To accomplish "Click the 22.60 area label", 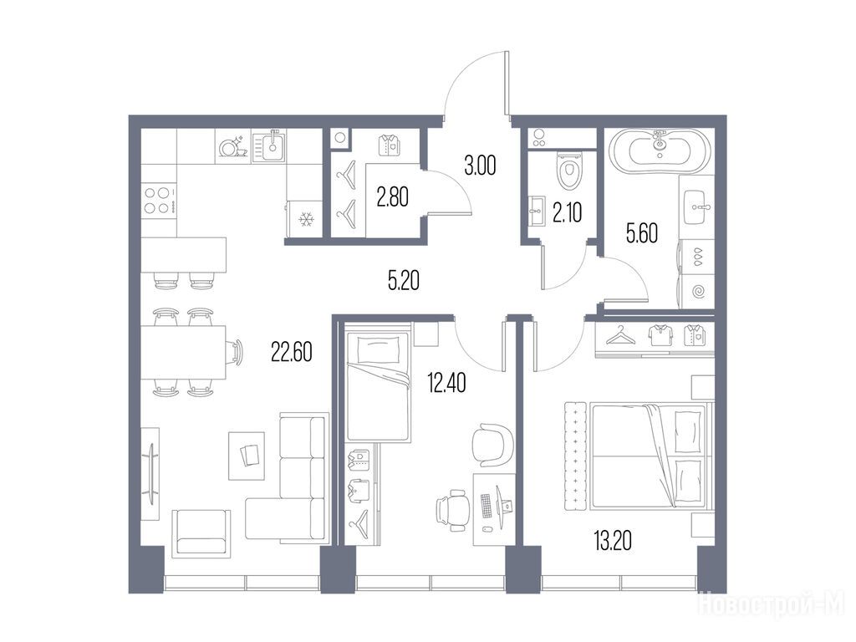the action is click(x=292, y=352).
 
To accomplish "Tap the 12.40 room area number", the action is click(x=446, y=383).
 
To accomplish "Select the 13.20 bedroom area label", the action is click(x=613, y=541).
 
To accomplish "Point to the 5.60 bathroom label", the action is click(x=641, y=234).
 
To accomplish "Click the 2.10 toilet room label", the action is click(x=568, y=212).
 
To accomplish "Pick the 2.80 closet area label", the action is click(x=393, y=197).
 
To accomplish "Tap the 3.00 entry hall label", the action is click(x=480, y=166).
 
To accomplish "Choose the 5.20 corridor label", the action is click(x=404, y=281).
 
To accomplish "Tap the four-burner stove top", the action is click(x=159, y=200).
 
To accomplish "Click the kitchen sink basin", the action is click(x=271, y=145).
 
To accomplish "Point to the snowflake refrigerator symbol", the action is click(x=306, y=220).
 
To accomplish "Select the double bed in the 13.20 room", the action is click(x=652, y=456).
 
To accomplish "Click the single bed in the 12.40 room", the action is click(x=378, y=386).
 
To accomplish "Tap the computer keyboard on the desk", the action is click(x=487, y=506).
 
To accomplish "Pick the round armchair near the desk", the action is click(x=492, y=444).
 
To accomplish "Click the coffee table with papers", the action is click(x=247, y=456).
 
